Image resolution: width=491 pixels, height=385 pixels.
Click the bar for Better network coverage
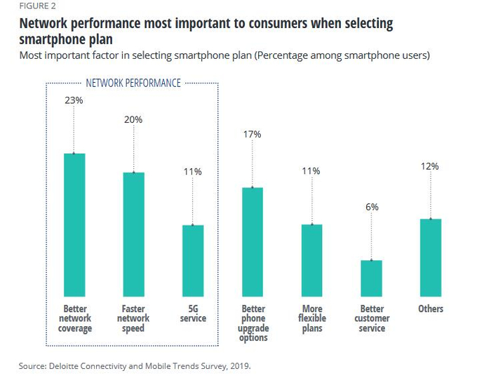[x=74, y=224]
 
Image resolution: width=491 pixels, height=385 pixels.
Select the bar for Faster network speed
[x=133, y=234]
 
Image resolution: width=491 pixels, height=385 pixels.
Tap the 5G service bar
[x=193, y=260]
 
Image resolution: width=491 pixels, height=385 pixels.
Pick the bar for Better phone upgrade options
[x=253, y=241]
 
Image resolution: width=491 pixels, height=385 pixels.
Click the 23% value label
[x=74, y=100]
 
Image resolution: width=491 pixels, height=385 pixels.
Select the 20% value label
[x=133, y=120]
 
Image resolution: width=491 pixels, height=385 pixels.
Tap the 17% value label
[x=253, y=134]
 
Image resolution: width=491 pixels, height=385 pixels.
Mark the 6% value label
[x=371, y=207]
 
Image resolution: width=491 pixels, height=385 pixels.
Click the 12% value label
[x=431, y=166]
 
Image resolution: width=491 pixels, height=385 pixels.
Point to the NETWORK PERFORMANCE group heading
[x=133, y=83]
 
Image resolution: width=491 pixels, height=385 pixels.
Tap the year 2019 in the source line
[x=238, y=365]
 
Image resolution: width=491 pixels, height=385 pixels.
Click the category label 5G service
[x=193, y=313]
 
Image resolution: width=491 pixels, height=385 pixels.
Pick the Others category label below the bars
[x=431, y=309]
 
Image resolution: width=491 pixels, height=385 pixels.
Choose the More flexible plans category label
[x=311, y=318]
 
